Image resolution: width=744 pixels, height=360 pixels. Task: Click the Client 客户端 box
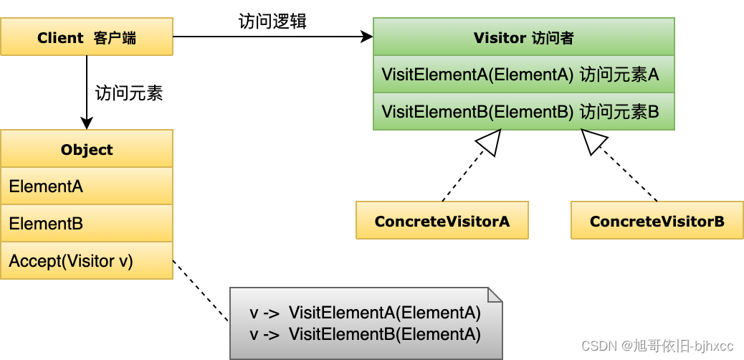86,37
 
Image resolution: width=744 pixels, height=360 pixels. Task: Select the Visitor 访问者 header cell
523,37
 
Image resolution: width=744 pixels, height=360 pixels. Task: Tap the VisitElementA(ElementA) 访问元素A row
523,74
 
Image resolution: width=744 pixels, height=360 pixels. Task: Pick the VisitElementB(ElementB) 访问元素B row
523,111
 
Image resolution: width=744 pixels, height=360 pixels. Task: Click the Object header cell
86,148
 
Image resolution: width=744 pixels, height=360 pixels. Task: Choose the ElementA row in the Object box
86,186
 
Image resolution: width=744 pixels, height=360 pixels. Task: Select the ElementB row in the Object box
86,223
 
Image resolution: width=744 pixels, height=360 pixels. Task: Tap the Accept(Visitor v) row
86,260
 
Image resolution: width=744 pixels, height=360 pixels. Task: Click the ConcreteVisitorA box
442,220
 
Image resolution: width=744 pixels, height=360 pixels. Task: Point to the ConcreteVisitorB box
657,220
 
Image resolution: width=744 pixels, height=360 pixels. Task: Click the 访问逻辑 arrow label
273,22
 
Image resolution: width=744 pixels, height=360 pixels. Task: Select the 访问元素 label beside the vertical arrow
129,93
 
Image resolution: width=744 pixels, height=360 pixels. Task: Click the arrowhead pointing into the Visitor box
367,37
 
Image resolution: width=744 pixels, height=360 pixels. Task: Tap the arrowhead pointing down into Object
86,123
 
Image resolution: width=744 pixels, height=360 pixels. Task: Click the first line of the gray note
365,313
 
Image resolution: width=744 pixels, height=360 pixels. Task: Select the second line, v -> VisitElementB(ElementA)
365,334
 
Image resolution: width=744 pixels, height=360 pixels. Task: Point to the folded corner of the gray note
495,295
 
